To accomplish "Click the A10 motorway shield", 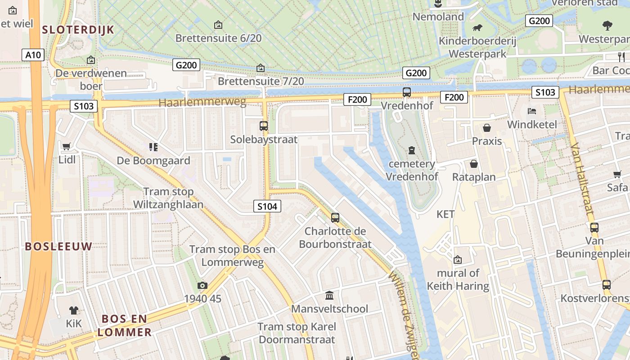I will [33, 55].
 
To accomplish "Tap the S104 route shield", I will [267, 207].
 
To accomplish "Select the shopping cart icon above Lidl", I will [67, 146].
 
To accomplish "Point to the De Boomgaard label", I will [153, 161].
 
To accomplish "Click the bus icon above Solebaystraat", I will [264, 126].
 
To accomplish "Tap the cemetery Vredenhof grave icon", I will [411, 150].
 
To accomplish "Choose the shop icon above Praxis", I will [486, 128].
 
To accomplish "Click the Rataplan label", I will [474, 177].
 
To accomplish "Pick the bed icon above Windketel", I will [532, 111].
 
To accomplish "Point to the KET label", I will [445, 214].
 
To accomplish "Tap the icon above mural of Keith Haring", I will [458, 260].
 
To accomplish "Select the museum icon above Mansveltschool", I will [329, 296].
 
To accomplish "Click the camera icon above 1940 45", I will [202, 285].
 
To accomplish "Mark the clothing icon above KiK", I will [74, 310].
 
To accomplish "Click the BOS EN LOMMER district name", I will [124, 326].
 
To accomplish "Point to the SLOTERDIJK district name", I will [78, 30].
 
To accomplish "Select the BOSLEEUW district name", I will [58, 246].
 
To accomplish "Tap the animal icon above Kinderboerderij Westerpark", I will [477, 28].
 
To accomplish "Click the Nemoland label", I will [438, 17].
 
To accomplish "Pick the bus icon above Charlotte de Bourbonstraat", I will [335, 218].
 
